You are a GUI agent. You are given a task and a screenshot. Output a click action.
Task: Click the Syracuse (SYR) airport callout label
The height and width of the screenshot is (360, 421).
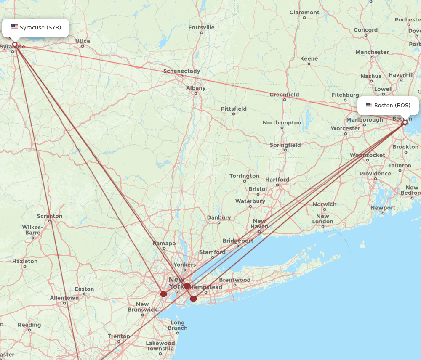pyautogui.click(x=35, y=28)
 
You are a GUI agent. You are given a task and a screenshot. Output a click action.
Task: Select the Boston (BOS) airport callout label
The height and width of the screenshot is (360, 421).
pyautogui.click(x=388, y=106)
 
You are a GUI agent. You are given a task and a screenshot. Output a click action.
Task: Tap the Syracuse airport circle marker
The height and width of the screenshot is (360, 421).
pyautogui.click(x=15, y=45)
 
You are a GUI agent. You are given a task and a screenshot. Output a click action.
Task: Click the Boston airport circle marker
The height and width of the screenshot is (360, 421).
pyautogui.click(x=405, y=122)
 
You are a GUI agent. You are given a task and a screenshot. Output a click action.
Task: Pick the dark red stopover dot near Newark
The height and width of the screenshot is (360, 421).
pyautogui.click(x=163, y=294)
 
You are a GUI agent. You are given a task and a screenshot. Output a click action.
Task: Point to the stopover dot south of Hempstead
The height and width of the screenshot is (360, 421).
pyautogui.click(x=193, y=299)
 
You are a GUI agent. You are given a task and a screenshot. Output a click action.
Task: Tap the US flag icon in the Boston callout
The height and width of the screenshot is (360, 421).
pyautogui.click(x=369, y=106)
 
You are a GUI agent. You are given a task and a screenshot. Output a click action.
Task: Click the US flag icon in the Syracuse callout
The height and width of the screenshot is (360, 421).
pyautogui.click(x=14, y=27)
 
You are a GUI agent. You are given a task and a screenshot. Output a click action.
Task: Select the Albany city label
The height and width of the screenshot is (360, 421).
pyautogui.click(x=196, y=88)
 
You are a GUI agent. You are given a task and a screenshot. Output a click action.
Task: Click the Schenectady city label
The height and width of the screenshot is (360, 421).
pyautogui.click(x=181, y=71)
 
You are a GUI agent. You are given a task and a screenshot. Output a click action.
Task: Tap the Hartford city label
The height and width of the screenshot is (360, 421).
pyautogui.click(x=277, y=180)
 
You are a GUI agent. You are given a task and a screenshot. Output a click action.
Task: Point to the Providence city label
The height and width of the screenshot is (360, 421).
pyautogui.click(x=375, y=174)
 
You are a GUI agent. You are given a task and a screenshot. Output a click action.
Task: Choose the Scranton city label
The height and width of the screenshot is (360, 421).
pyautogui.click(x=50, y=216)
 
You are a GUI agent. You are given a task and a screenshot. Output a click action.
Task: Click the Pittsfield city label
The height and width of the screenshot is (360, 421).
pyautogui.click(x=234, y=109)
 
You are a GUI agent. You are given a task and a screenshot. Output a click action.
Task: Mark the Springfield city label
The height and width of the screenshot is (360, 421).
pyautogui.click(x=285, y=145)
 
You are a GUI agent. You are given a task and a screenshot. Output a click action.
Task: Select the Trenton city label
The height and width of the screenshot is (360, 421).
pyautogui.click(x=119, y=336)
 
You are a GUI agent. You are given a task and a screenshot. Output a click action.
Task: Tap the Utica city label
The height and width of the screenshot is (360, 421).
pyautogui.click(x=83, y=41)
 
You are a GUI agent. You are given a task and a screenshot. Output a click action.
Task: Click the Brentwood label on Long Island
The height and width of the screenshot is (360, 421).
pyautogui.click(x=234, y=280)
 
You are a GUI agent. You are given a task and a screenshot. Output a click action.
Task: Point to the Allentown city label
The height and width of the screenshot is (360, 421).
pyautogui.click(x=64, y=298)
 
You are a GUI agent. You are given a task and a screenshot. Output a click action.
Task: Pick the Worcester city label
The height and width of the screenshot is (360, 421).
pyautogui.click(x=345, y=128)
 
